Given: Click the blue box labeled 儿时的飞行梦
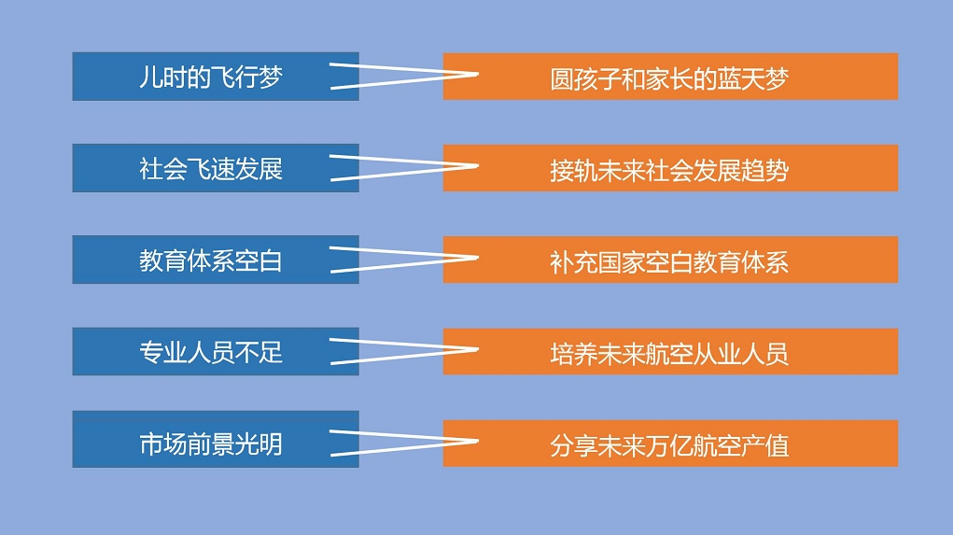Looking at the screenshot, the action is point(216,77).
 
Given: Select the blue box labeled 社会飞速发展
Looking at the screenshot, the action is point(216,168).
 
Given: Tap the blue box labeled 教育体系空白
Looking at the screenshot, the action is point(216,260).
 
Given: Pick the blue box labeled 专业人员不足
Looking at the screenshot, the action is point(216,351).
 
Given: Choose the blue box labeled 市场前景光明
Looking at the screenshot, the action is point(216,440).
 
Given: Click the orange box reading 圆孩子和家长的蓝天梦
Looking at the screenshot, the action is point(670,77).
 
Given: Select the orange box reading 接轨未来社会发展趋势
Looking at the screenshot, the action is point(670,168).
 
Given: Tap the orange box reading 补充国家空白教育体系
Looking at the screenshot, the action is point(670,260).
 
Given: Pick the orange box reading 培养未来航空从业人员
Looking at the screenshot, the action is point(670,351).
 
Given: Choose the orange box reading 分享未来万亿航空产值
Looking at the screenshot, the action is point(670,443).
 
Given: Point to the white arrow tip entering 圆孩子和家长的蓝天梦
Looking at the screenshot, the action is point(478,75).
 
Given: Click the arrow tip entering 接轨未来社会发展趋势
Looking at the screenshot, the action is point(478,166).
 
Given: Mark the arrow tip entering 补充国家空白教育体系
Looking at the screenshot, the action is point(478,258).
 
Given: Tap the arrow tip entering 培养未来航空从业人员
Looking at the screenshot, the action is point(478,349).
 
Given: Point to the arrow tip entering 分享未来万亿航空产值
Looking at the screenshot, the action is point(478,442).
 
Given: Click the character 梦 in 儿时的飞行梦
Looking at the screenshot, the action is point(271,77).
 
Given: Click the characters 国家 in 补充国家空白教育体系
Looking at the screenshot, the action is point(622,262).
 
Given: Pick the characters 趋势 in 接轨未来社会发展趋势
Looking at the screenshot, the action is point(764,171).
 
